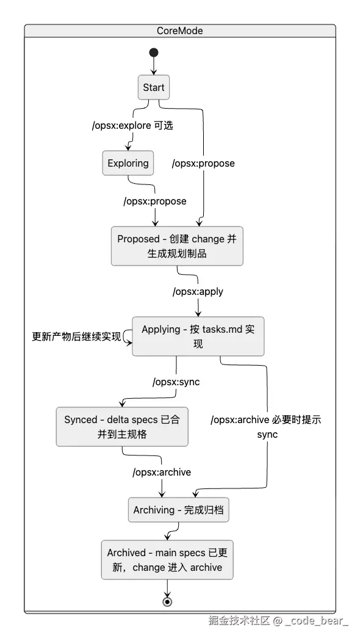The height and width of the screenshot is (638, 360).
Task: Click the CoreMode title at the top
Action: click(x=180, y=31)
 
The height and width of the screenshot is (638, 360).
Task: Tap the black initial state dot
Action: click(x=154, y=53)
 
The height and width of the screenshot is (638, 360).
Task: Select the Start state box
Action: click(x=154, y=87)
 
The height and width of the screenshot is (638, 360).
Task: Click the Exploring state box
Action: click(x=128, y=163)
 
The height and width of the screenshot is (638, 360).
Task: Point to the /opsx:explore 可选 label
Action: click(x=132, y=125)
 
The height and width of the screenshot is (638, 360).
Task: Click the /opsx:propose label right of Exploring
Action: click(x=203, y=163)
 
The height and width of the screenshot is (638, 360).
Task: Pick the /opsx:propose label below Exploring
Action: click(x=155, y=201)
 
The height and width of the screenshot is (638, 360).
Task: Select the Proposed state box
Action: click(x=177, y=246)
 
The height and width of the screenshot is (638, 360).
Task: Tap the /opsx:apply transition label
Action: click(x=198, y=291)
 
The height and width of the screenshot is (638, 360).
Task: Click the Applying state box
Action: click(x=198, y=336)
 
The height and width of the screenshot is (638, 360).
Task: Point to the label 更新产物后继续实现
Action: click(x=76, y=337)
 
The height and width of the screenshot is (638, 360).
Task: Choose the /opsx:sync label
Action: click(x=176, y=382)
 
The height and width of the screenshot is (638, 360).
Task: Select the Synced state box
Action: click(x=122, y=427)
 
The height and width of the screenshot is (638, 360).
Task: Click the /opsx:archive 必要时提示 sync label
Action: click(x=266, y=427)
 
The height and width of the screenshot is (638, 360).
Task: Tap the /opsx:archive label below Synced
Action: click(x=162, y=472)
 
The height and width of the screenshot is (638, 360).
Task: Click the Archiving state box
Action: click(x=179, y=510)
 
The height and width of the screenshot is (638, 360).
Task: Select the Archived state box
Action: click(x=167, y=560)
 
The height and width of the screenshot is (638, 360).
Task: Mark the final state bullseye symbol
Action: click(x=167, y=602)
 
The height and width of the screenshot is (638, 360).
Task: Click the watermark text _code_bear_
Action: click(x=317, y=621)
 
